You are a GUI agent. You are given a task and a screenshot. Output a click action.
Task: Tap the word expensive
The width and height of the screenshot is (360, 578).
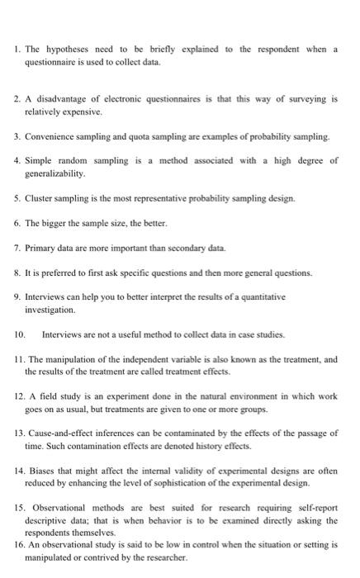tap(83, 110)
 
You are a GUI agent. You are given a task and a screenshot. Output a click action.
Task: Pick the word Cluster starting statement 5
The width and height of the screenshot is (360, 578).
tap(40, 198)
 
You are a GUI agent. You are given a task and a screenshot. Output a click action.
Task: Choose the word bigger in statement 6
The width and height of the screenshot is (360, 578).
tap(56, 223)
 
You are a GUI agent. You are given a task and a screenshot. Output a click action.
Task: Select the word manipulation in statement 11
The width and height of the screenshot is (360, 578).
tap(69, 359)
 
